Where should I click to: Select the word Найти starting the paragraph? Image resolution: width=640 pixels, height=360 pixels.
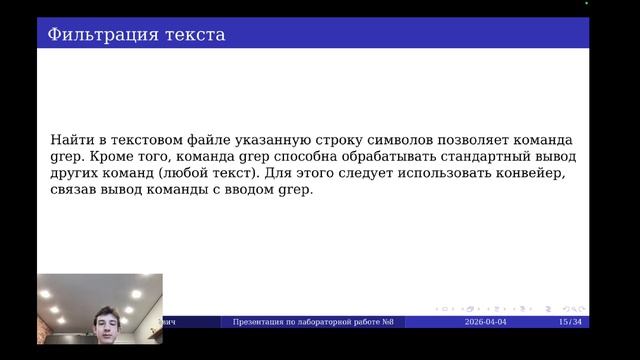pos(69,141)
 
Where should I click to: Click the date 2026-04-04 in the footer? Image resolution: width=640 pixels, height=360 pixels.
pos(487,322)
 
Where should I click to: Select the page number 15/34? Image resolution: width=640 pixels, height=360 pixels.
pos(570,322)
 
